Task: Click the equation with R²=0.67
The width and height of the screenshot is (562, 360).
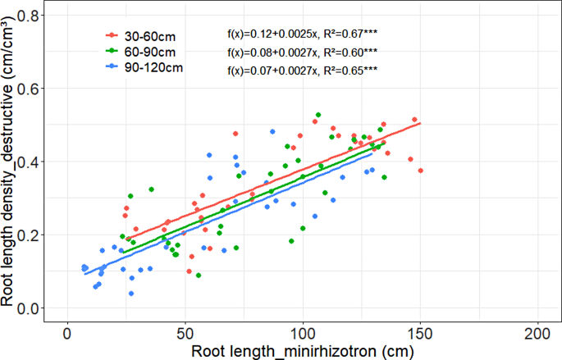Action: click(x=301, y=34)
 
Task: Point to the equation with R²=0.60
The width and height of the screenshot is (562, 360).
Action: click(x=301, y=53)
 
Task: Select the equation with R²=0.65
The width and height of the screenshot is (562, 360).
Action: click(x=301, y=71)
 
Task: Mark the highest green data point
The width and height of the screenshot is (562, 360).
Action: click(x=318, y=115)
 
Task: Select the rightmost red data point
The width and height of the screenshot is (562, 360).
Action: click(x=421, y=171)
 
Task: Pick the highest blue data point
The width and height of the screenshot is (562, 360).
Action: click(x=272, y=131)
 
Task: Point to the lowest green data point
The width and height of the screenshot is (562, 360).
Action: click(x=199, y=276)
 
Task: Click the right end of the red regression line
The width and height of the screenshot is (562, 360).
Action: click(x=421, y=123)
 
